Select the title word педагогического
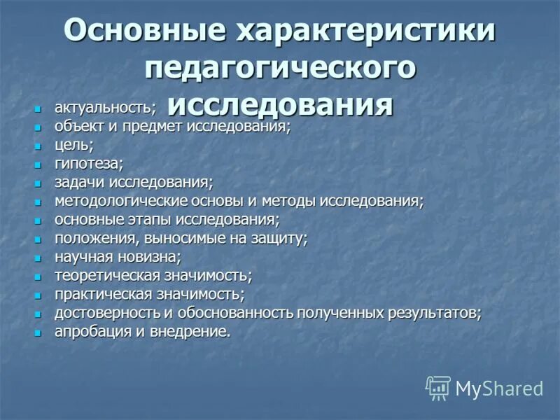coord(280,69)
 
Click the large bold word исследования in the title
coord(280,105)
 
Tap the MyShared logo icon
coord(438,387)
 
